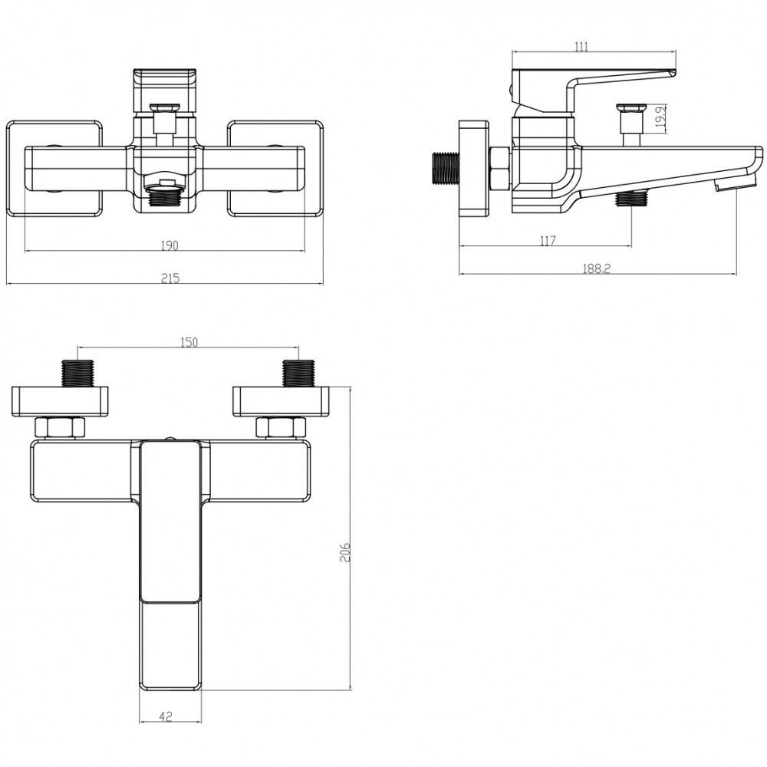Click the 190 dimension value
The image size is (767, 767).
170,245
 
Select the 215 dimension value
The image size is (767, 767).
170,278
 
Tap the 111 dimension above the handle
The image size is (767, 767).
581,47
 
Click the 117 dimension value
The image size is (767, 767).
548,241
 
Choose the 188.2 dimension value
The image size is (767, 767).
596,268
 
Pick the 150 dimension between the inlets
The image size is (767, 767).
189,342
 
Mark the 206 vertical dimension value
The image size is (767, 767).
345,552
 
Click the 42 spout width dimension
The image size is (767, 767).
166,717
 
